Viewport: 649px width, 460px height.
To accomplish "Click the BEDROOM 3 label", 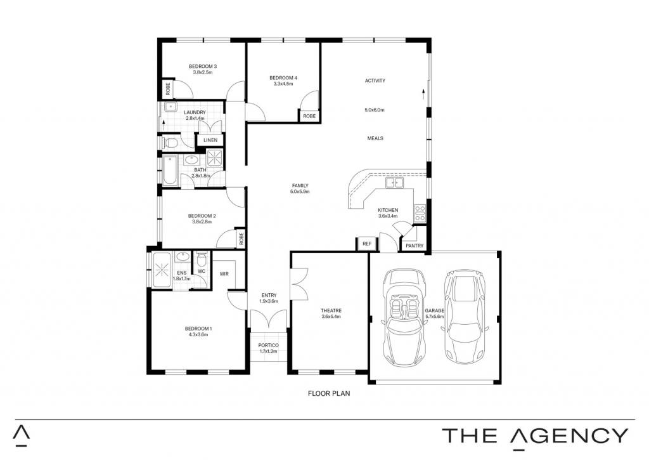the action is pos(203,67).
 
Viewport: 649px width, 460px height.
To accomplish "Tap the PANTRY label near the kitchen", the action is pos(414,246).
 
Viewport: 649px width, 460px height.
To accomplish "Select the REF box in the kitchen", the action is pos(367,244).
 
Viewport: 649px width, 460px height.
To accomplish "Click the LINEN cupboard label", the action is pos(210,140).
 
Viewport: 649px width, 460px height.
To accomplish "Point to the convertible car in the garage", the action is pos(404,317).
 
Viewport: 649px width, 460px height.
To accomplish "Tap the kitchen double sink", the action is pos(394,182).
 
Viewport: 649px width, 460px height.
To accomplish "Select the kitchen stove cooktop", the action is pos(420,213).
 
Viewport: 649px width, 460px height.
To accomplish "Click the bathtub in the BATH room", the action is pos(170,170).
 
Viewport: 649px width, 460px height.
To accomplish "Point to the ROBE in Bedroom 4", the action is pos(309,116).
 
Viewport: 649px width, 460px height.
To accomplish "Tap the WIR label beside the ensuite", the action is pos(224,274).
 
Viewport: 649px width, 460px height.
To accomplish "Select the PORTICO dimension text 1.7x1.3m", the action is pos(268,351).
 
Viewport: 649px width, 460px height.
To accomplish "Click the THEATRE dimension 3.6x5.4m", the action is pos(331,317).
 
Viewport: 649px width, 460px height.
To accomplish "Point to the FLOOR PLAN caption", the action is pos(329,393).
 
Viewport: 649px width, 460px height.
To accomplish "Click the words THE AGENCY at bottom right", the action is pos(535,436).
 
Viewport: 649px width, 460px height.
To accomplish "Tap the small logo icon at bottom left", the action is pos(21,435).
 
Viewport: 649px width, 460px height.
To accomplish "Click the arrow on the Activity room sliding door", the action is pos(423,93).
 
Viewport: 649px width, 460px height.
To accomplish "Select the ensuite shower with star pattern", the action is pos(162,270).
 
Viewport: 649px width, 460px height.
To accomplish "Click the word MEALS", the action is pos(375,138).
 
